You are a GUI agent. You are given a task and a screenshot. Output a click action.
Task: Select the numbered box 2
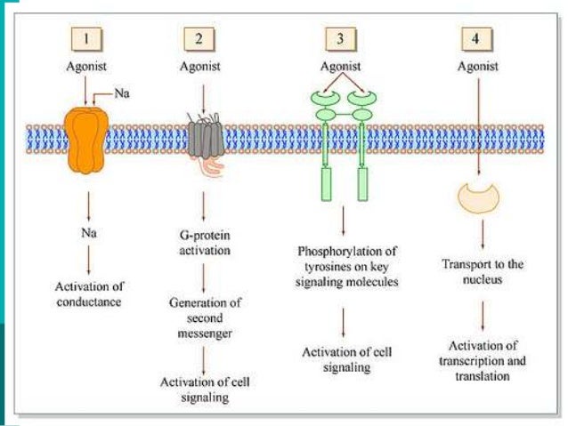point(198,39)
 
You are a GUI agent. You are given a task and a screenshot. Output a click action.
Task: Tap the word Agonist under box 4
point(478,65)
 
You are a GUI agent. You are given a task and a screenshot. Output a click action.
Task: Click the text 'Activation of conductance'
point(87,293)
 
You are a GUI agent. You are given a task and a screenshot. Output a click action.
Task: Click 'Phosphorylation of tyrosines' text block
point(344,265)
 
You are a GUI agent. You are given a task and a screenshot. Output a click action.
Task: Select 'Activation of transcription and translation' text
point(482,360)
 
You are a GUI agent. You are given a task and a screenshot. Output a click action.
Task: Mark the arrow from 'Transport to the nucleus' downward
point(482,314)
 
